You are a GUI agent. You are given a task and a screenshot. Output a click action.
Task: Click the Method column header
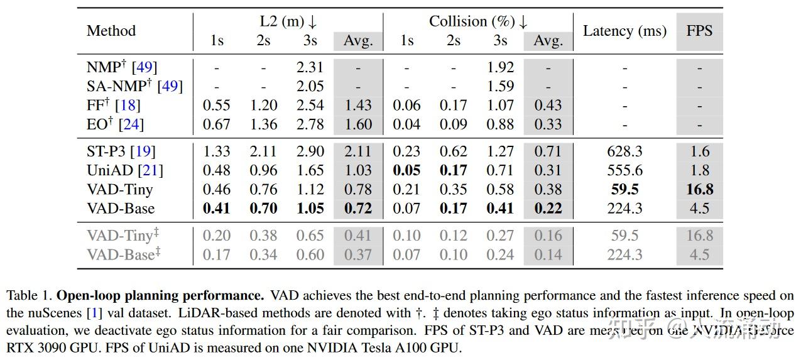[x=111, y=31]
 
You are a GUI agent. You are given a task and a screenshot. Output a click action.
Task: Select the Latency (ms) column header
[x=624, y=31]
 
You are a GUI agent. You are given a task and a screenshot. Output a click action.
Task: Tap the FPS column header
[x=699, y=31]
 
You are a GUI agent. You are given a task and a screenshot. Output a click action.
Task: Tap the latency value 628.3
[x=624, y=151]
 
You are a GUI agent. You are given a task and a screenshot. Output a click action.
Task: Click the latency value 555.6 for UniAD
[x=624, y=170]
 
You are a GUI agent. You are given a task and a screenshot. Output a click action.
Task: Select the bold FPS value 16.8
[x=699, y=189]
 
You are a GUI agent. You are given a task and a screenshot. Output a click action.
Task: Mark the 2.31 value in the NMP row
[x=310, y=67]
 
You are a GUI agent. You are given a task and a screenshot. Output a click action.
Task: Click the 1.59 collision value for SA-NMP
[x=500, y=86]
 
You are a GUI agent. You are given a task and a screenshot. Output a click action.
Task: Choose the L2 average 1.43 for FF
[x=358, y=106]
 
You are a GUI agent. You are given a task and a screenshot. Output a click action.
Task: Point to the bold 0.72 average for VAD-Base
[x=358, y=208]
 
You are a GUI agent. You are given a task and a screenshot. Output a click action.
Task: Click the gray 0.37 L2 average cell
[x=358, y=254]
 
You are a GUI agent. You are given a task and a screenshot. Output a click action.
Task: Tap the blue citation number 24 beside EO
[x=131, y=124]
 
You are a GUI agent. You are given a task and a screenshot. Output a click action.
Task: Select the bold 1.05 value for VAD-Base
[x=310, y=208]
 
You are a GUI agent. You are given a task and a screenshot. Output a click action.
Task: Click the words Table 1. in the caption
[x=29, y=295]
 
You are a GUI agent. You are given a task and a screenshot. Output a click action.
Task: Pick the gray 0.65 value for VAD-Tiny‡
[x=310, y=236]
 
